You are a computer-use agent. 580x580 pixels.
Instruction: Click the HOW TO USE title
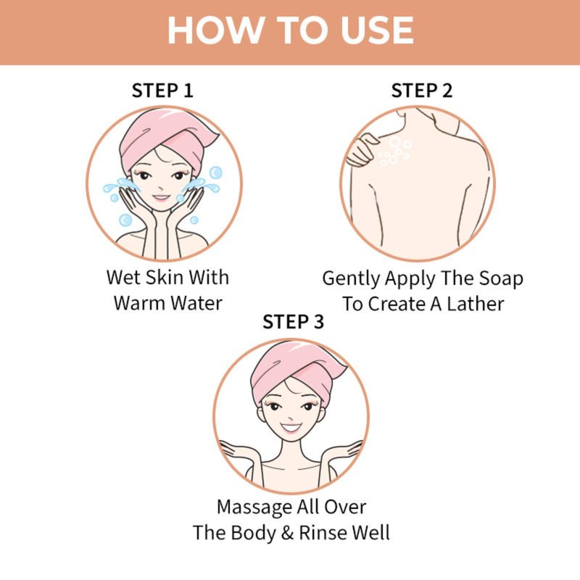coord(291,30)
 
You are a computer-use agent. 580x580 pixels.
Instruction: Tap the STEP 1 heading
coord(162,91)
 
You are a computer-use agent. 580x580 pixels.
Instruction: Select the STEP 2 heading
coord(422,91)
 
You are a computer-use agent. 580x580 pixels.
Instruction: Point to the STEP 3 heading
coord(293,321)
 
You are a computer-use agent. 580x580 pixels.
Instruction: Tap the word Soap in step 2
coord(501,278)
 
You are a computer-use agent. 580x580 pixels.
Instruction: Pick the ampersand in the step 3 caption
coord(287,533)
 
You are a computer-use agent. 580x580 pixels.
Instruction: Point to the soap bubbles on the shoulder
coord(394,151)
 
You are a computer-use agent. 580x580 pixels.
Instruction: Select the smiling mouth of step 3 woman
coord(291,428)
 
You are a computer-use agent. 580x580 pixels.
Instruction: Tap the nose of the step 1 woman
coord(159,187)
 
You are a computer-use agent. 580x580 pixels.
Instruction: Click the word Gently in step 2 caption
coord(351,279)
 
